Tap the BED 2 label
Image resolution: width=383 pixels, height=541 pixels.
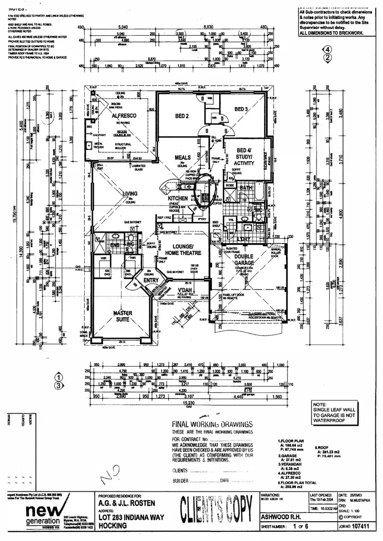(182, 116)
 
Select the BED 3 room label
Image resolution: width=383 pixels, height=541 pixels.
(242, 109)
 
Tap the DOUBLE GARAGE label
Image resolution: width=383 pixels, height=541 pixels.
(248, 260)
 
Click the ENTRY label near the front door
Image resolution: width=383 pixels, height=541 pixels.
(152, 280)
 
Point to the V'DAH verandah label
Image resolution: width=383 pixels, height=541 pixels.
(185, 290)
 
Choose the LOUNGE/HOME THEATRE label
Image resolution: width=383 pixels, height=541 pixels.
(179, 249)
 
